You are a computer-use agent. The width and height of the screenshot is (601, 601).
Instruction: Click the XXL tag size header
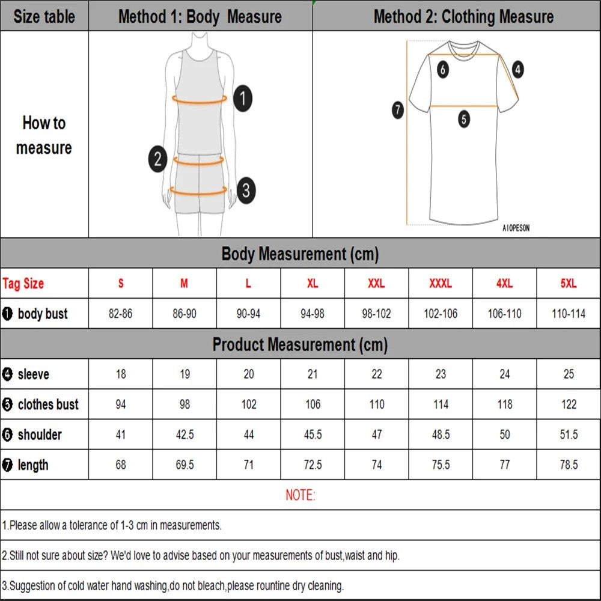376,284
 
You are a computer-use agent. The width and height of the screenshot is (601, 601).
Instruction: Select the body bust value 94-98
313,314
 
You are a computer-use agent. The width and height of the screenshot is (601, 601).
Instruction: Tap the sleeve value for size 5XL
569,374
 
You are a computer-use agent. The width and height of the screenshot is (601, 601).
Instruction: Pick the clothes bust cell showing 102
249,404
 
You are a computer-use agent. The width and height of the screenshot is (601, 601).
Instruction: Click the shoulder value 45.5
313,435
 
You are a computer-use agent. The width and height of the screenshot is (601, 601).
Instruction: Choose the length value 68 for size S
121,465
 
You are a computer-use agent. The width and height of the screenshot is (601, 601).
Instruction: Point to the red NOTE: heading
300,495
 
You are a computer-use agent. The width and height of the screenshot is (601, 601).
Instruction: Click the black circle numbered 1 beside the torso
242,98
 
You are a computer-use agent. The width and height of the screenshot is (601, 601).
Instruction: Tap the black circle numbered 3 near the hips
245,191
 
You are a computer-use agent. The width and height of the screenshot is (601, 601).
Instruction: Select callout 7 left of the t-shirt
398,110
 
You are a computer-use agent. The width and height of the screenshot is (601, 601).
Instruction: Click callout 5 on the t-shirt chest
463,119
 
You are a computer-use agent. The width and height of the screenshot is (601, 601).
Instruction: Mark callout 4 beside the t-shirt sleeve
517,70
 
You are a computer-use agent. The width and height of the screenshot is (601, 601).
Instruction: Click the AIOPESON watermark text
516,228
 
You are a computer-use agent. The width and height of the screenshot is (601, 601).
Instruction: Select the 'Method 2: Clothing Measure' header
463,16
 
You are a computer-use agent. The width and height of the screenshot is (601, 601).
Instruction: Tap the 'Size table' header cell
44,16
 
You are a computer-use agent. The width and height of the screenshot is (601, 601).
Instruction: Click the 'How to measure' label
44,135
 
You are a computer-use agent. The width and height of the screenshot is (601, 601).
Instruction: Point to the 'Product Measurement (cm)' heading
300,344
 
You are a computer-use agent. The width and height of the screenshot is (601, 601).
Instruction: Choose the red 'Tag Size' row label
23,284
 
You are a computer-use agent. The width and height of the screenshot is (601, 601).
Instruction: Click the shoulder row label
39,435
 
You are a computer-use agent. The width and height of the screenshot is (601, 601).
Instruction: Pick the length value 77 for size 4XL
504,465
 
